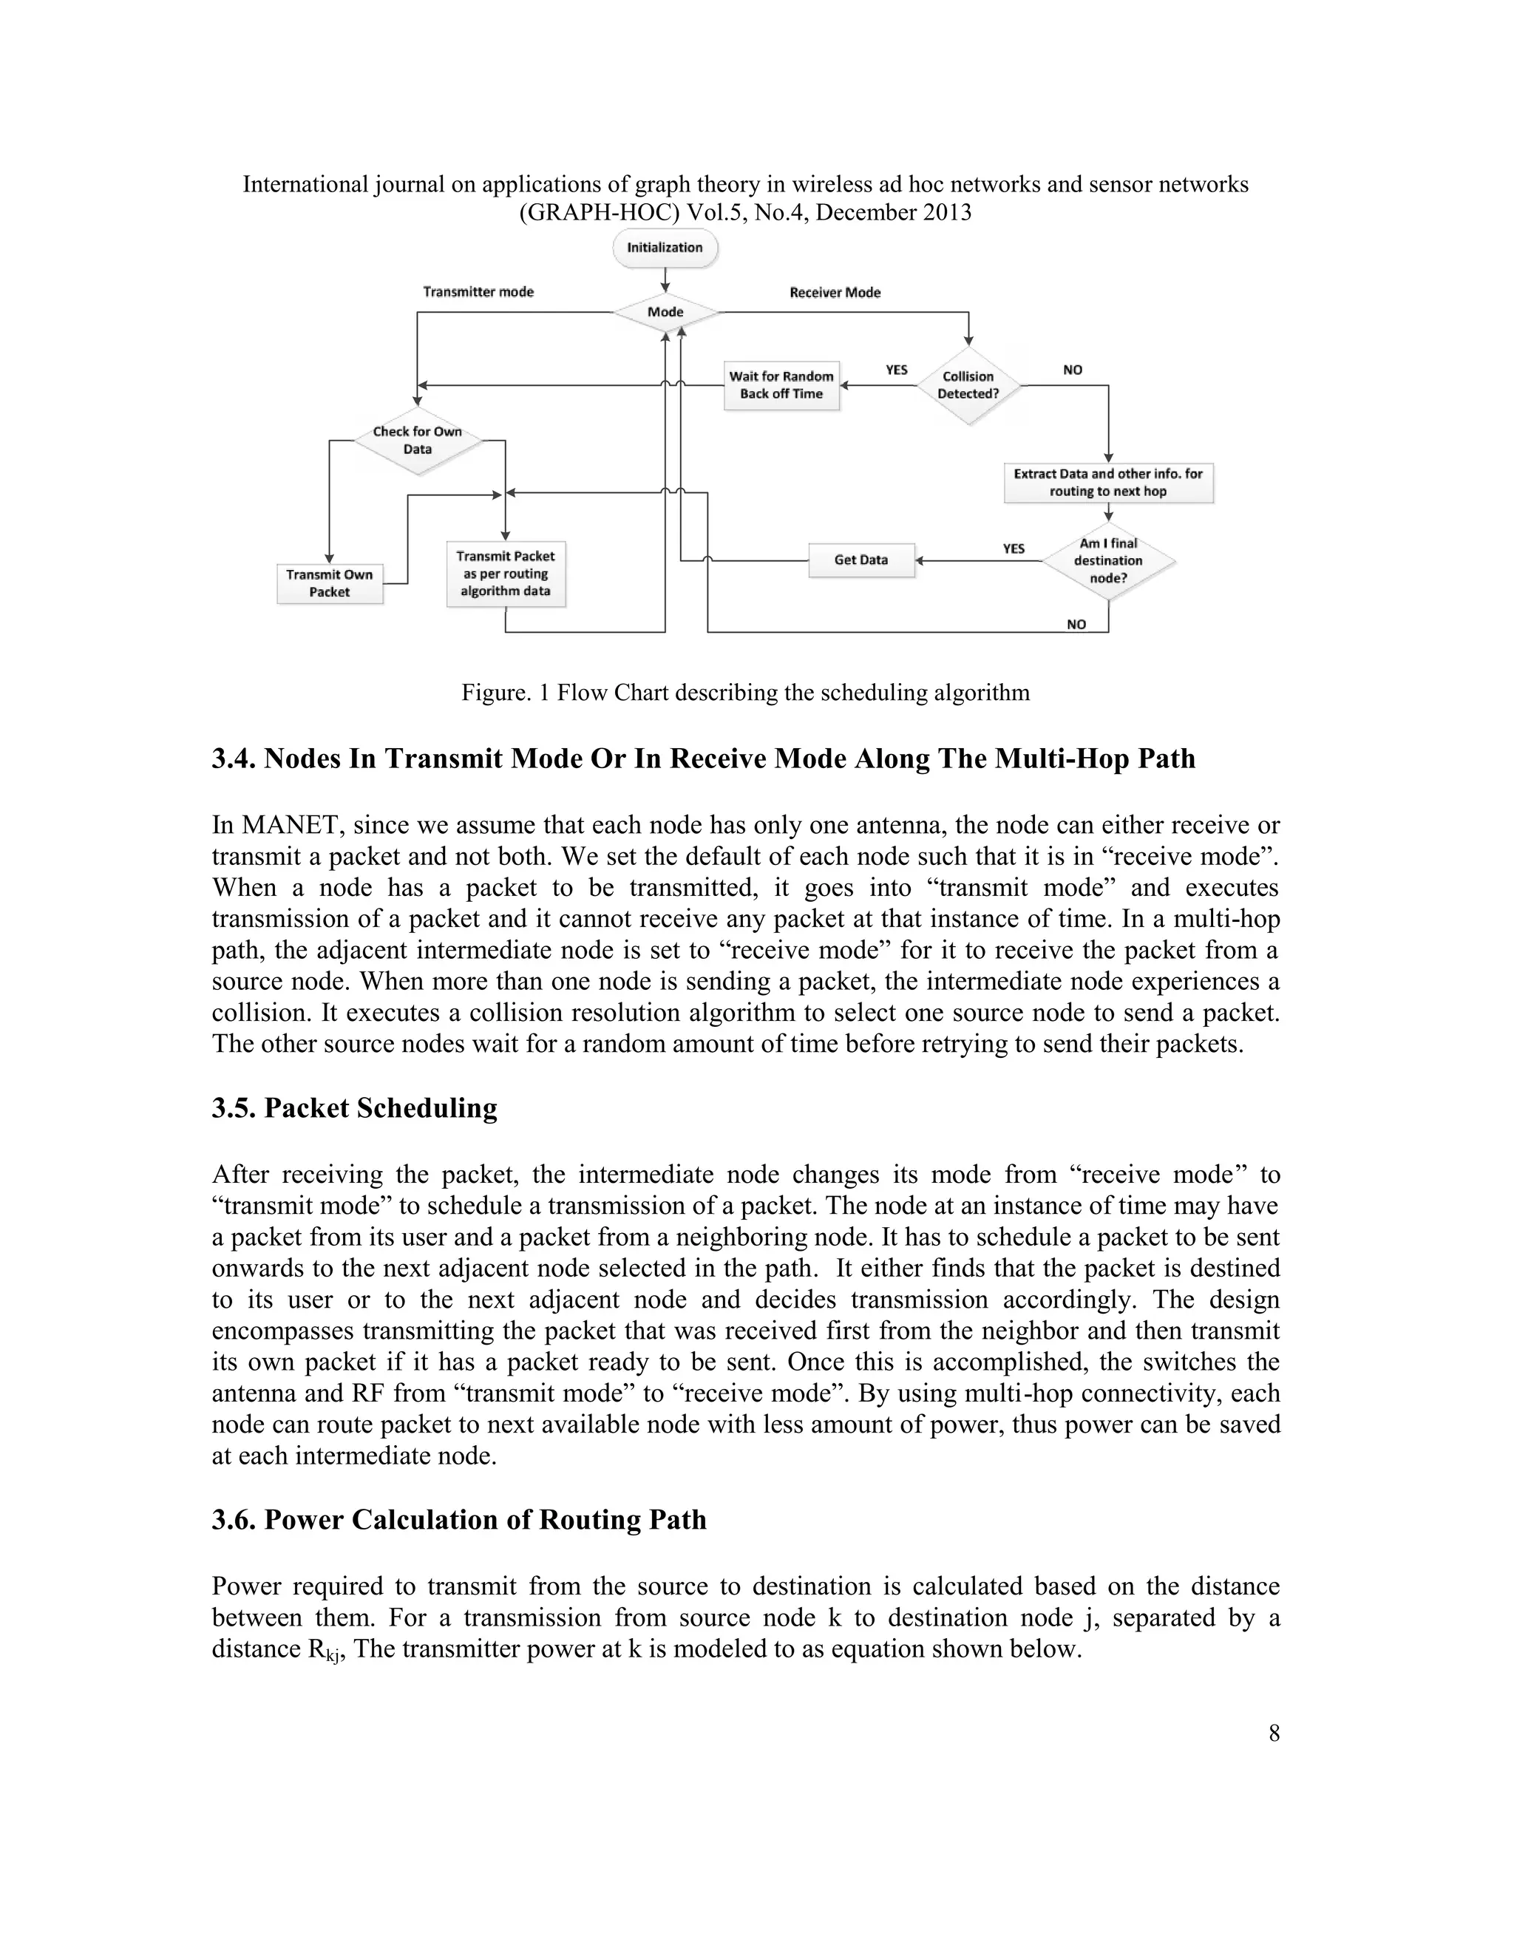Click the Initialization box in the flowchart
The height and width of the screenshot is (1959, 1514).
tap(665, 248)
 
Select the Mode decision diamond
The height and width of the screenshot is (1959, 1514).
tap(665, 312)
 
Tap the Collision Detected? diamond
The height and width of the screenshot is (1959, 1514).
tap(968, 386)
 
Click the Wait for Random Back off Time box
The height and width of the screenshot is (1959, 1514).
tap(781, 386)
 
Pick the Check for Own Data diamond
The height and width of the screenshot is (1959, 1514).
tap(417, 441)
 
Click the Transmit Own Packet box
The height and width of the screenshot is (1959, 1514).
tap(329, 584)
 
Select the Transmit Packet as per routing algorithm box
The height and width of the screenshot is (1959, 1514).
tap(506, 574)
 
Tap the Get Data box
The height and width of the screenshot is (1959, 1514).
tap(861, 560)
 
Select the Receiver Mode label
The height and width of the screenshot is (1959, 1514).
tap(834, 293)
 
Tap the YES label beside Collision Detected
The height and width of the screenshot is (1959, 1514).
tap(896, 370)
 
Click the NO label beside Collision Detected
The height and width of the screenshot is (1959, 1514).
tap(1072, 370)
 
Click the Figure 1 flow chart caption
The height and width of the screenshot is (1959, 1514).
tap(745, 693)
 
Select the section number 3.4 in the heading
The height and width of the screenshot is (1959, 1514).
tap(234, 759)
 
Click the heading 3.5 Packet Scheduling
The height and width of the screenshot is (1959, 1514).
tap(354, 1108)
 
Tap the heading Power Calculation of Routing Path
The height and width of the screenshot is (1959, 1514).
tap(484, 1519)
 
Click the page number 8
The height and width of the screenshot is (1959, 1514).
tap(1274, 1733)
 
